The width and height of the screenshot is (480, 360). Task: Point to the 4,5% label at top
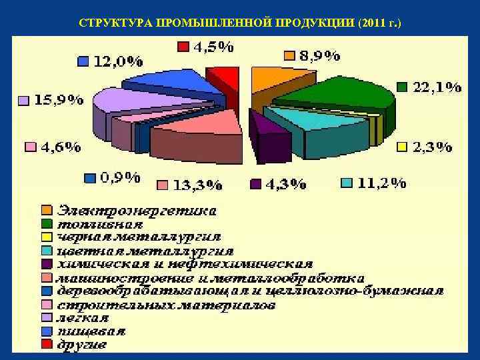click(x=213, y=47)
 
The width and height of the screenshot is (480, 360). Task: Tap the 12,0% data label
click(x=118, y=61)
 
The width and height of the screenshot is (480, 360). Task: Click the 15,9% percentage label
click(x=59, y=101)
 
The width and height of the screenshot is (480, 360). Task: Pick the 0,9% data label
click(x=120, y=178)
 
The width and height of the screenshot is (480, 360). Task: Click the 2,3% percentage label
click(x=433, y=147)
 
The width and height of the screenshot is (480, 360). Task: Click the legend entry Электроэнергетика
click(x=137, y=211)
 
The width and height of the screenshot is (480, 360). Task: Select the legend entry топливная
click(x=100, y=224)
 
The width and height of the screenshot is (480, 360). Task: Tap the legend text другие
click(x=82, y=345)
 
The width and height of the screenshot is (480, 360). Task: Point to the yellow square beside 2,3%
click(x=402, y=147)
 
